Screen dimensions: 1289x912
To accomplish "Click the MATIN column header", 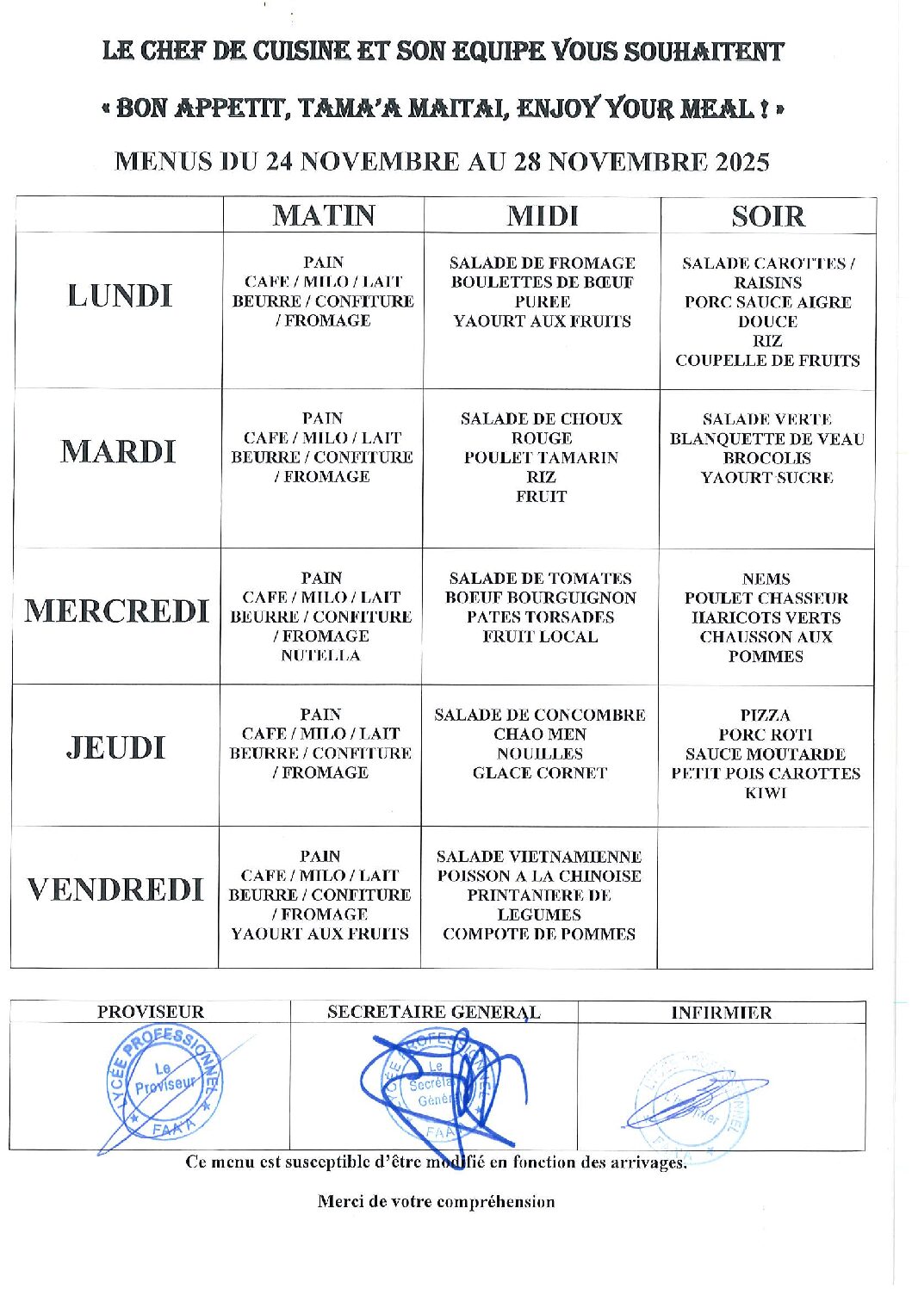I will pyautogui.click(x=324, y=214).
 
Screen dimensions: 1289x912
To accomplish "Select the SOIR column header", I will pyautogui.click(x=767, y=215).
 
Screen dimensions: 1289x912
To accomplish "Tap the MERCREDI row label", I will pyautogui.click(x=116, y=611).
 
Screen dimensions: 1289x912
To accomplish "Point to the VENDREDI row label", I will pyautogui.click(x=115, y=889).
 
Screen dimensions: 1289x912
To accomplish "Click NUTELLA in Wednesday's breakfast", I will pyautogui.click(x=320, y=656).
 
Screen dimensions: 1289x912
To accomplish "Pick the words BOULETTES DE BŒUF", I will pyautogui.click(x=542, y=282).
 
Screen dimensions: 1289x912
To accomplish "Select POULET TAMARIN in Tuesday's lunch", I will pyautogui.click(x=541, y=458).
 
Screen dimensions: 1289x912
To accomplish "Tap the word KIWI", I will pyautogui.click(x=766, y=793).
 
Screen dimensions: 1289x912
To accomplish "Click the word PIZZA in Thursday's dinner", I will pyautogui.click(x=765, y=716).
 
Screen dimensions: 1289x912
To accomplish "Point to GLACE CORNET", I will pyautogui.click(x=540, y=773).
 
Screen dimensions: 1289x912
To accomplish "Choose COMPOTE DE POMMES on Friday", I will pyautogui.click(x=539, y=934).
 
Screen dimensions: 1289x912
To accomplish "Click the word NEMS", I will pyautogui.click(x=766, y=579).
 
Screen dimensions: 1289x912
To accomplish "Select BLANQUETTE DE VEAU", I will pyautogui.click(x=766, y=439).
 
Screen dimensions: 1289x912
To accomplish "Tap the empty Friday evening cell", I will pyautogui.click(x=765, y=897).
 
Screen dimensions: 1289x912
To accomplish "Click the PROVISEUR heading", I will pyautogui.click(x=151, y=1013).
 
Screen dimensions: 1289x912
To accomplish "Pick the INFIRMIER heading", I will pyautogui.click(x=721, y=1013).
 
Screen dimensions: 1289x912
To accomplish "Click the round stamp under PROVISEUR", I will pyautogui.click(x=164, y=1085).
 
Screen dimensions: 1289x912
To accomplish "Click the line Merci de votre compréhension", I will pyautogui.click(x=436, y=1201).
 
